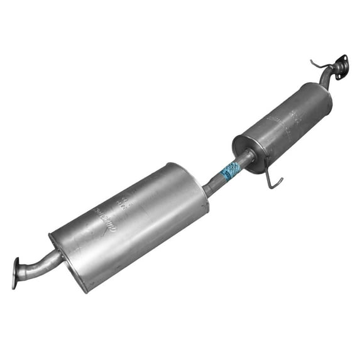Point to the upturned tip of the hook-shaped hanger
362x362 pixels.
coord(281,180)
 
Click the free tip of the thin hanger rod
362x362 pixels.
coord(312,62)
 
